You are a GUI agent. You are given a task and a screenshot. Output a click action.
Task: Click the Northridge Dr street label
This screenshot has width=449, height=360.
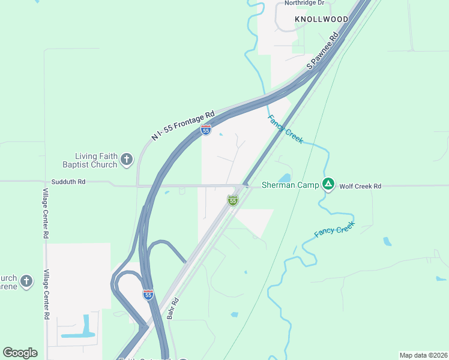click(304, 3)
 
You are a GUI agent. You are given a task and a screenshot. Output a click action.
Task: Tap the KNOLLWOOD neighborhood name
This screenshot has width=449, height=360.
click(321, 19)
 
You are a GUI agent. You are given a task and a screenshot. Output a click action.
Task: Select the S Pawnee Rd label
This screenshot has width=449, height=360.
click(323, 50)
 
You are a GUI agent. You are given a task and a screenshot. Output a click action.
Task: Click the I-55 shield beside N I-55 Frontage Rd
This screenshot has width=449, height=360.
click(206, 130)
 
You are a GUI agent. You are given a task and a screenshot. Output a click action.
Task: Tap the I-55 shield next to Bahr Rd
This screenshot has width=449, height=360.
click(148, 294)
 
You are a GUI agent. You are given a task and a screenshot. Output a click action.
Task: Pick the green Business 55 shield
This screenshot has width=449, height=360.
click(233, 200)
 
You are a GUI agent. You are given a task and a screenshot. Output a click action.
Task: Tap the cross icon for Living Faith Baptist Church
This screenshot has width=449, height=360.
click(127, 159)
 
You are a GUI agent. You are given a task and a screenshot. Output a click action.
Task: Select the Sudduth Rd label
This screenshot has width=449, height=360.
click(68, 181)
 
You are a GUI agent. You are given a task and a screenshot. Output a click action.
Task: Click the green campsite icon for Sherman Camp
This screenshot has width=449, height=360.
click(328, 184)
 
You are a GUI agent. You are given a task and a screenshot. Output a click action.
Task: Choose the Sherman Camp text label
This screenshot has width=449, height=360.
click(291, 185)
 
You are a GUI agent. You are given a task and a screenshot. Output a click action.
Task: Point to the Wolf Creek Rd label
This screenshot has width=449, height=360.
click(360, 187)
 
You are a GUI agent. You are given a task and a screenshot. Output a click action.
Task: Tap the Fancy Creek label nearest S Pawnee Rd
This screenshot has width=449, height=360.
click(286, 128)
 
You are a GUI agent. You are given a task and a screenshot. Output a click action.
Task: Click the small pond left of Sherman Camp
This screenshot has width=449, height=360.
click(284, 178)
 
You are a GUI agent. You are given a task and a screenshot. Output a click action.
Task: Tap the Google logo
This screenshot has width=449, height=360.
click(20, 353)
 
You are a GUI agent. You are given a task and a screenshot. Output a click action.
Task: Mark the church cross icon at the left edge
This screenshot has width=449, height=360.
click(26, 281)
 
